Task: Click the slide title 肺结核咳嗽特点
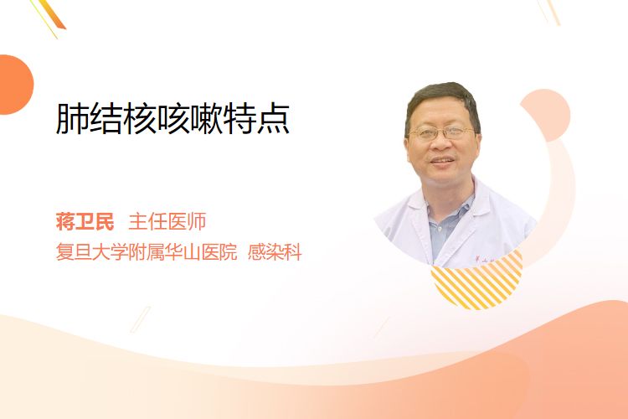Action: (x=172, y=119)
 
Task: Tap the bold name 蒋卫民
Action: (x=85, y=221)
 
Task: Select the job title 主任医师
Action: (x=167, y=221)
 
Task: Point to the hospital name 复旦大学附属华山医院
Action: (x=147, y=252)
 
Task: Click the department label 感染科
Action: (x=275, y=252)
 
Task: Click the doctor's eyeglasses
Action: (x=440, y=132)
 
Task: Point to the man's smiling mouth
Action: (x=443, y=161)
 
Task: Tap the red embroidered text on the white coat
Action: (x=486, y=260)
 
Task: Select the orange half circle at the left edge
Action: (x=15, y=85)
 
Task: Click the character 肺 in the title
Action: (x=72, y=119)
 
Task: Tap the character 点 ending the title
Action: (x=274, y=119)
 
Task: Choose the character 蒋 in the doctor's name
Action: (x=65, y=221)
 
